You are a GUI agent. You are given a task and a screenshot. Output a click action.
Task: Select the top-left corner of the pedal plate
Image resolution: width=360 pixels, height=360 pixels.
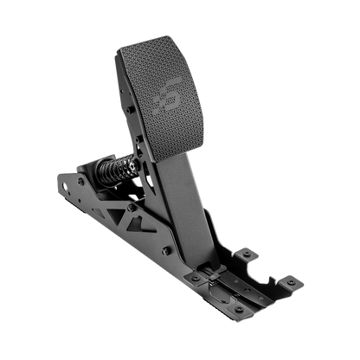point(118,49)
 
